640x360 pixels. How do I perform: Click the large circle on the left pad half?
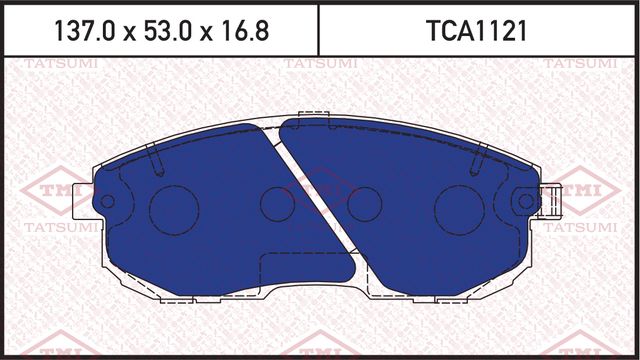tap(174, 205)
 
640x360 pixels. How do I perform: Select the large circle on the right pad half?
tap(460, 205)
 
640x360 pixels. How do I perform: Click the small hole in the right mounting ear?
tap(526, 203)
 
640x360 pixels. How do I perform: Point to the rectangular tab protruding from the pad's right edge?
tap(549, 202)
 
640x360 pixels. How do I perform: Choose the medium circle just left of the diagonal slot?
tap(277, 204)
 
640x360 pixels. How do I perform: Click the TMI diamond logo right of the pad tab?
tap(584, 190)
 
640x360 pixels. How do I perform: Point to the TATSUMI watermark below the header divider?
tap(318, 65)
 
